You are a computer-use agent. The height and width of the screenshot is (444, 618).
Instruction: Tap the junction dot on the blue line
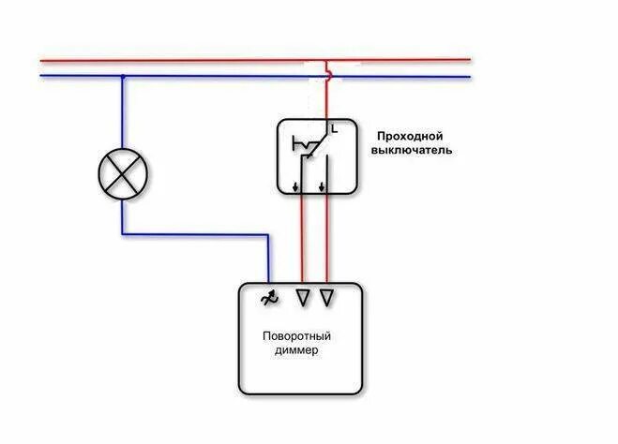[122, 77]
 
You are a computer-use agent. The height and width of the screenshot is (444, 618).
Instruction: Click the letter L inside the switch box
[334, 126]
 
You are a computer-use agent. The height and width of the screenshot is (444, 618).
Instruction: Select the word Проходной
[409, 135]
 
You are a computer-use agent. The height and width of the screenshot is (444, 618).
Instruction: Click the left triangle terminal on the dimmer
[302, 298]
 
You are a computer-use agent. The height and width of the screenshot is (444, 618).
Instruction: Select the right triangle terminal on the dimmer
[326, 298]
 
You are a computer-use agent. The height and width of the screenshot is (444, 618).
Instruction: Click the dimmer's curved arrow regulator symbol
[269, 298]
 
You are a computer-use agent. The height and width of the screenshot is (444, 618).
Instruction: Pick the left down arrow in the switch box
[298, 185]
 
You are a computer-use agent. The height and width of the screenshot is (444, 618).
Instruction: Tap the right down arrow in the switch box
[323, 185]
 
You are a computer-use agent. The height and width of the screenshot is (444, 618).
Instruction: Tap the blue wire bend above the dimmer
[269, 235]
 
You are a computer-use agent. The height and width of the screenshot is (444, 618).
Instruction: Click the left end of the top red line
[42, 61]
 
